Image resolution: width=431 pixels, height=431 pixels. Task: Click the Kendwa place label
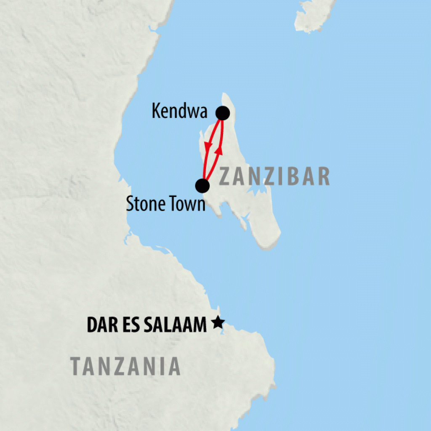coord(180,112)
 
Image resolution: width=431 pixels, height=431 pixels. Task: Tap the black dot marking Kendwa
coord(222,113)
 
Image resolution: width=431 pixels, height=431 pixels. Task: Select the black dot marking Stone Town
coord(202,185)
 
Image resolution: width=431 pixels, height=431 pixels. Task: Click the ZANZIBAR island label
coord(274,177)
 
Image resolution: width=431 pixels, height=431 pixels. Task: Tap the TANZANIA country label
coord(125,366)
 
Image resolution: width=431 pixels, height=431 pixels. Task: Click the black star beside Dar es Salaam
coord(218,322)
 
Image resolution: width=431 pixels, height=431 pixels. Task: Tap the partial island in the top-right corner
coord(314,15)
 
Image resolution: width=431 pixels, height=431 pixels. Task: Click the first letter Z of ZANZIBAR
coord(225,177)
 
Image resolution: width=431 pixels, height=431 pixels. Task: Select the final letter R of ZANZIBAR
coord(323,177)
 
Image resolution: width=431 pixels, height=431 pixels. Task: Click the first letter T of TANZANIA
coord(76,366)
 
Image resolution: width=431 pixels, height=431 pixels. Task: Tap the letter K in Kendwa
coord(156,112)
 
